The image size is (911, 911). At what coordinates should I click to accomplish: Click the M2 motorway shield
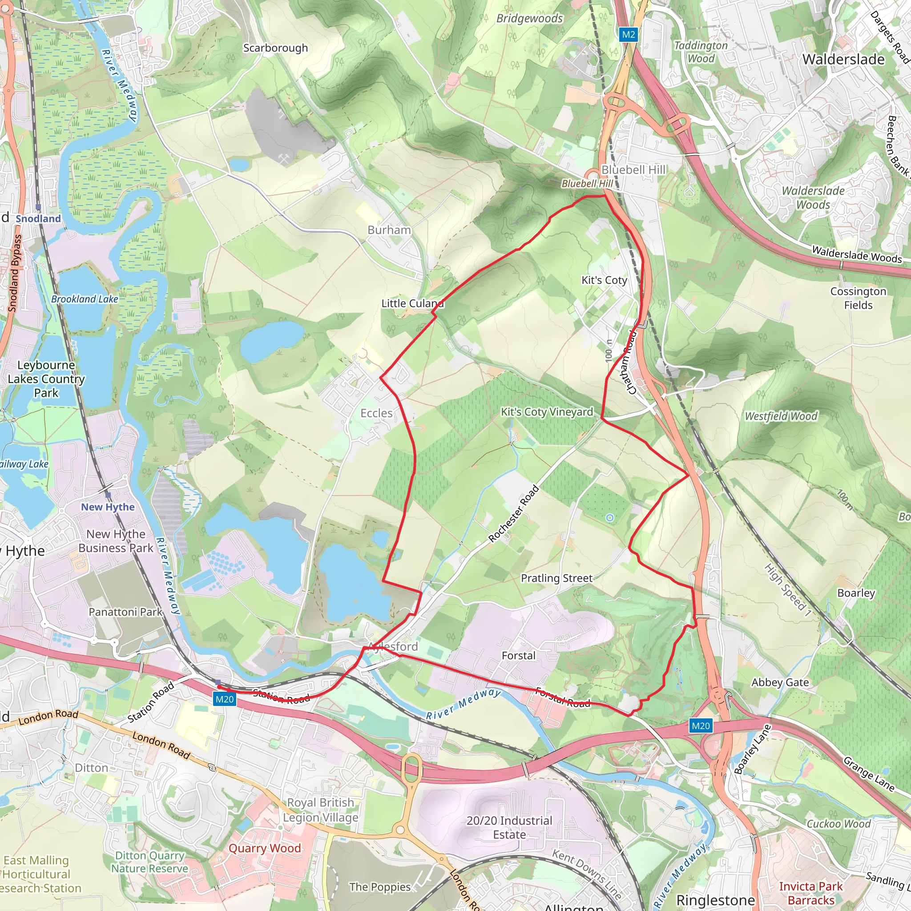pyautogui.click(x=628, y=34)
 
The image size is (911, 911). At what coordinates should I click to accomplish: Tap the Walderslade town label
pyautogui.click(x=843, y=60)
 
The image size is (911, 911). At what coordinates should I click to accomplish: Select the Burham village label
pyautogui.click(x=389, y=230)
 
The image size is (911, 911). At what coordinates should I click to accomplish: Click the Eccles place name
pyautogui.click(x=376, y=413)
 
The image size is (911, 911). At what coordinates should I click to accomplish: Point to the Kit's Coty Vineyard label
pyautogui.click(x=547, y=411)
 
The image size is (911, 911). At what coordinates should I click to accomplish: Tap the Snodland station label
pyautogui.click(x=38, y=218)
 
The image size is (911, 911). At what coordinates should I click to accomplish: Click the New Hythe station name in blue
pyautogui.click(x=108, y=507)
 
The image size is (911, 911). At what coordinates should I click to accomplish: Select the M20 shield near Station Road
pyautogui.click(x=225, y=699)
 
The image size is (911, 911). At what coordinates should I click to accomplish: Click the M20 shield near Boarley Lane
pyautogui.click(x=700, y=726)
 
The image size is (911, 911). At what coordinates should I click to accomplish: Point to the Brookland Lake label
pyautogui.click(x=85, y=299)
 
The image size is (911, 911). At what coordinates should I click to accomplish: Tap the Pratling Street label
pyautogui.click(x=556, y=578)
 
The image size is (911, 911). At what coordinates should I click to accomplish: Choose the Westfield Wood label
pyautogui.click(x=781, y=416)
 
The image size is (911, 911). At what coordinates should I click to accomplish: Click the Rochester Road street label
pyautogui.click(x=513, y=513)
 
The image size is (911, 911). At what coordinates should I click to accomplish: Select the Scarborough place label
pyautogui.click(x=275, y=48)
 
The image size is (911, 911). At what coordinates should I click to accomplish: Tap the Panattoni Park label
pyautogui.click(x=125, y=612)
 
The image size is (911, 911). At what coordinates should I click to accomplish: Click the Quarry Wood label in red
pyautogui.click(x=265, y=848)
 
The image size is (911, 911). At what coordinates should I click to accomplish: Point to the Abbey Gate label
pyautogui.click(x=780, y=682)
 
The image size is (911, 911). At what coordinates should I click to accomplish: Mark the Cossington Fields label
pyautogui.click(x=858, y=298)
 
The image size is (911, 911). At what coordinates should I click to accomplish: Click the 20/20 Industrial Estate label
pyautogui.click(x=509, y=827)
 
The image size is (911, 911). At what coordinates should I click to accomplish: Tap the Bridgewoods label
pyautogui.click(x=529, y=18)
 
